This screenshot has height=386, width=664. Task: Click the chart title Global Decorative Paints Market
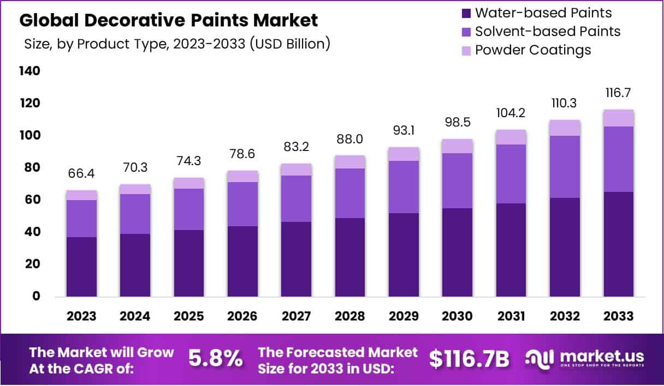[169, 21]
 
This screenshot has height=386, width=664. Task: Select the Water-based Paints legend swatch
[465, 13]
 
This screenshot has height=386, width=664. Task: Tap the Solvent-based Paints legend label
[548, 32]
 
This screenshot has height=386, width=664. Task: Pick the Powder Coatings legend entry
[533, 50]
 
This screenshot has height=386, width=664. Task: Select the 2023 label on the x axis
[82, 317]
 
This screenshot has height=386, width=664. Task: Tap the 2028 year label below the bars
[350, 317]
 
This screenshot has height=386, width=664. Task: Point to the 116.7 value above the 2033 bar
[618, 92]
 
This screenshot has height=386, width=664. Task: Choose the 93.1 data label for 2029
[404, 131]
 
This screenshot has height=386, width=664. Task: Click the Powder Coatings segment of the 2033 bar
[619, 118]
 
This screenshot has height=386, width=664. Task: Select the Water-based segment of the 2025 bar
[189, 263]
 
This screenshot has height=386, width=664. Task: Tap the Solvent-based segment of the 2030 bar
[457, 180]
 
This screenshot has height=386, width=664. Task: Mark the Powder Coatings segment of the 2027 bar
[297, 170]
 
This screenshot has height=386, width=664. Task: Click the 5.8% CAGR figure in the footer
[215, 358]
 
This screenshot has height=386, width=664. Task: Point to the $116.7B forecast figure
[469, 358]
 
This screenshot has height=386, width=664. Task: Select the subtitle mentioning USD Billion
[177, 44]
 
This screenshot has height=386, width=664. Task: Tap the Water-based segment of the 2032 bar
[565, 247]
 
